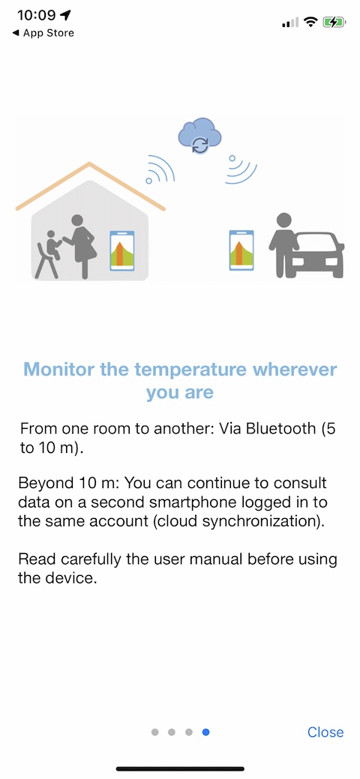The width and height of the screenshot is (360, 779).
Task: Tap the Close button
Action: (325, 732)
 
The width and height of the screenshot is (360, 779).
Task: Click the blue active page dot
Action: (205, 732)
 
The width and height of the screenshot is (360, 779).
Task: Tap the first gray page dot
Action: (154, 732)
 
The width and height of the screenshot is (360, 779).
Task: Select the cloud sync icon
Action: (200, 135)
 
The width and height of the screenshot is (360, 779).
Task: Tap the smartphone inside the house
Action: (122, 250)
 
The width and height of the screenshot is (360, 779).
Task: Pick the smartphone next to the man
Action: (241, 250)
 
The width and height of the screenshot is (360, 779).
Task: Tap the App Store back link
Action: (43, 33)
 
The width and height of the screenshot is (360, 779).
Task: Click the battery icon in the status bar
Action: (334, 22)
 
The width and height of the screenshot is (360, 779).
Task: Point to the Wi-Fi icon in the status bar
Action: (310, 22)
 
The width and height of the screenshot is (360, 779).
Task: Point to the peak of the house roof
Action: (89, 163)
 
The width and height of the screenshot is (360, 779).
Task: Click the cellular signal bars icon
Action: (290, 22)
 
